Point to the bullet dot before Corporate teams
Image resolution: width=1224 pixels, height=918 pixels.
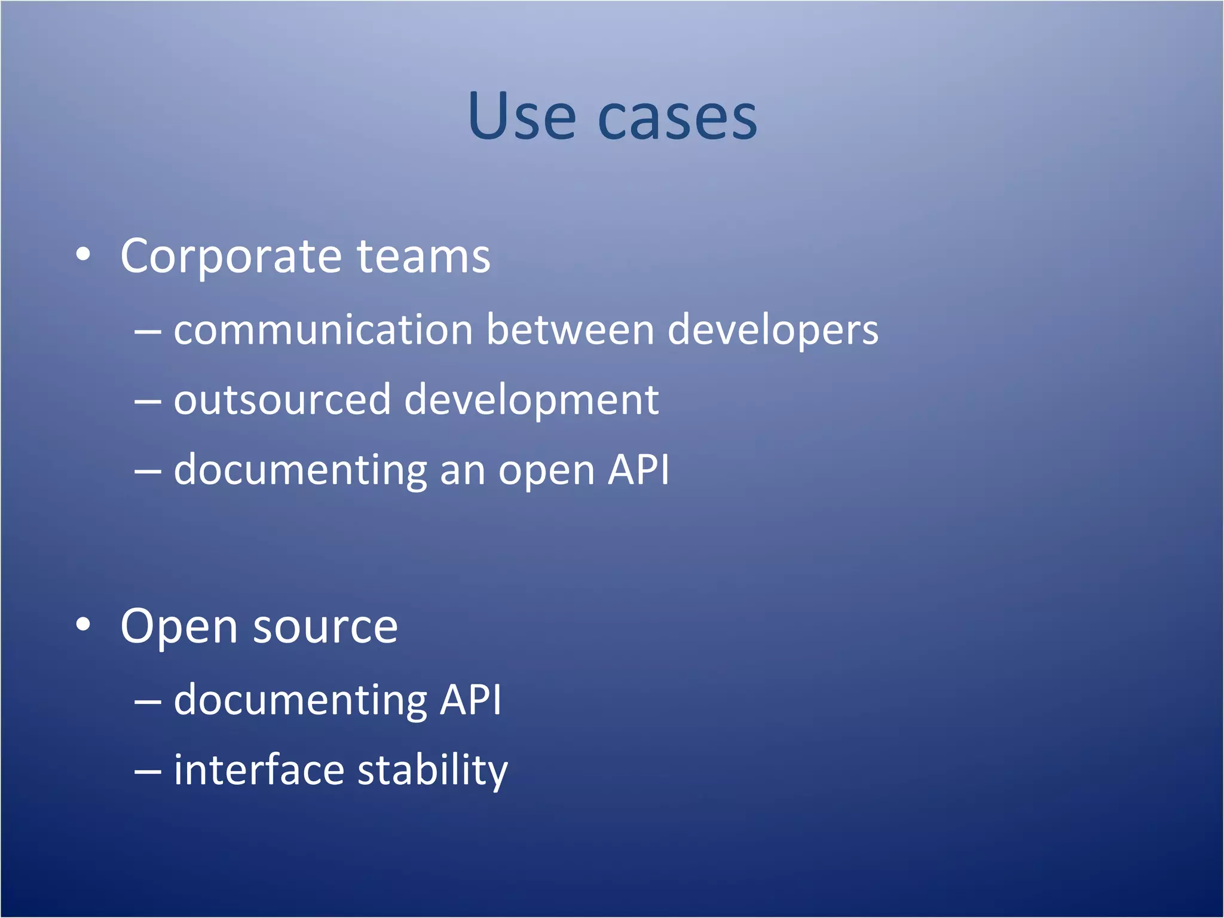tap(84, 255)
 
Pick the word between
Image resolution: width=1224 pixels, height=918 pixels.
tap(570, 330)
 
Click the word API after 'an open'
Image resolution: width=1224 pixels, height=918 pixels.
tap(638, 470)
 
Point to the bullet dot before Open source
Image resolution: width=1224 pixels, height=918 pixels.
tap(84, 625)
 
